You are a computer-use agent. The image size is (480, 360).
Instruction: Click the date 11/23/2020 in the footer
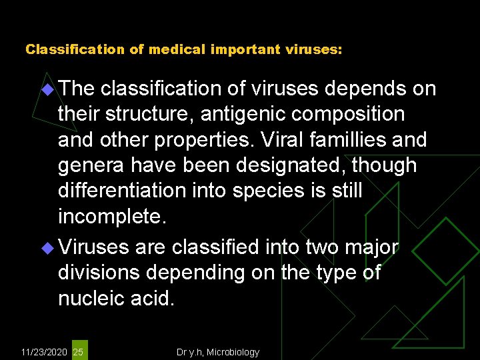pos(45,352)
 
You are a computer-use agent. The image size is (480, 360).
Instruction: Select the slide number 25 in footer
pos(79,352)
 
